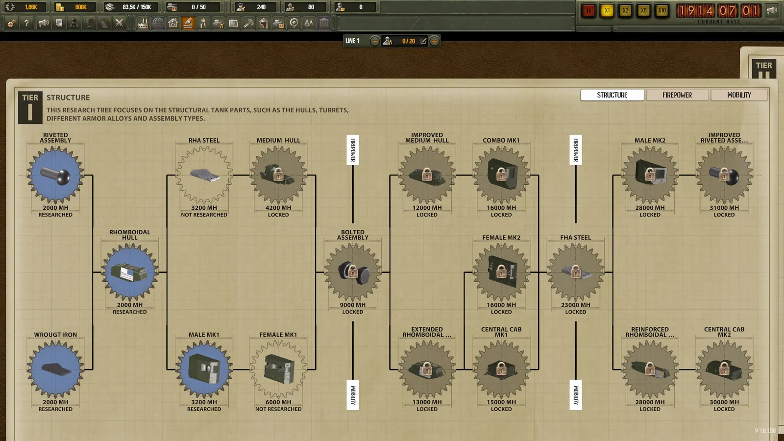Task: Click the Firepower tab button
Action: (677, 95)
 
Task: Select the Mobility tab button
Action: (739, 95)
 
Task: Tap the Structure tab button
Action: (612, 95)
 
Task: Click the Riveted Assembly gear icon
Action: (55, 175)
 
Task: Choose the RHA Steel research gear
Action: (204, 175)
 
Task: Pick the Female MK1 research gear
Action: (278, 369)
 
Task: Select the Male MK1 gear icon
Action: (204, 369)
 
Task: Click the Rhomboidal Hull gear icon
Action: (129, 272)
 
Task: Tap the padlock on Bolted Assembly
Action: (353, 271)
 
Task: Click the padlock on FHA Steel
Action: (576, 271)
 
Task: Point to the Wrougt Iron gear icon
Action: (55, 369)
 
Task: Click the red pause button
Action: (588, 10)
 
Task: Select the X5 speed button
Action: (643, 10)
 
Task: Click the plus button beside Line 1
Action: (434, 41)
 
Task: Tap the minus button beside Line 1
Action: (374, 41)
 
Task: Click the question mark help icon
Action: (26, 23)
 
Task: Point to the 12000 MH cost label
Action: (427, 208)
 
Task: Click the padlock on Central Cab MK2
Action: (725, 368)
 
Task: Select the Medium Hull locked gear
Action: (278, 175)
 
